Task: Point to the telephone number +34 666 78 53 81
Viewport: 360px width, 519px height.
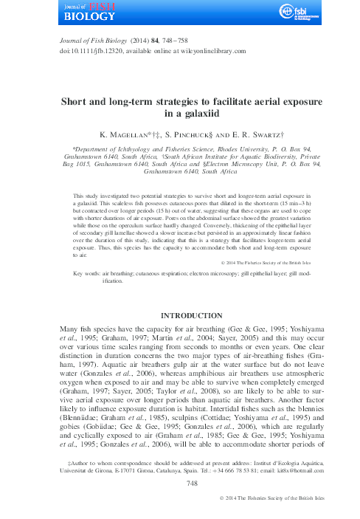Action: (221, 489)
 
